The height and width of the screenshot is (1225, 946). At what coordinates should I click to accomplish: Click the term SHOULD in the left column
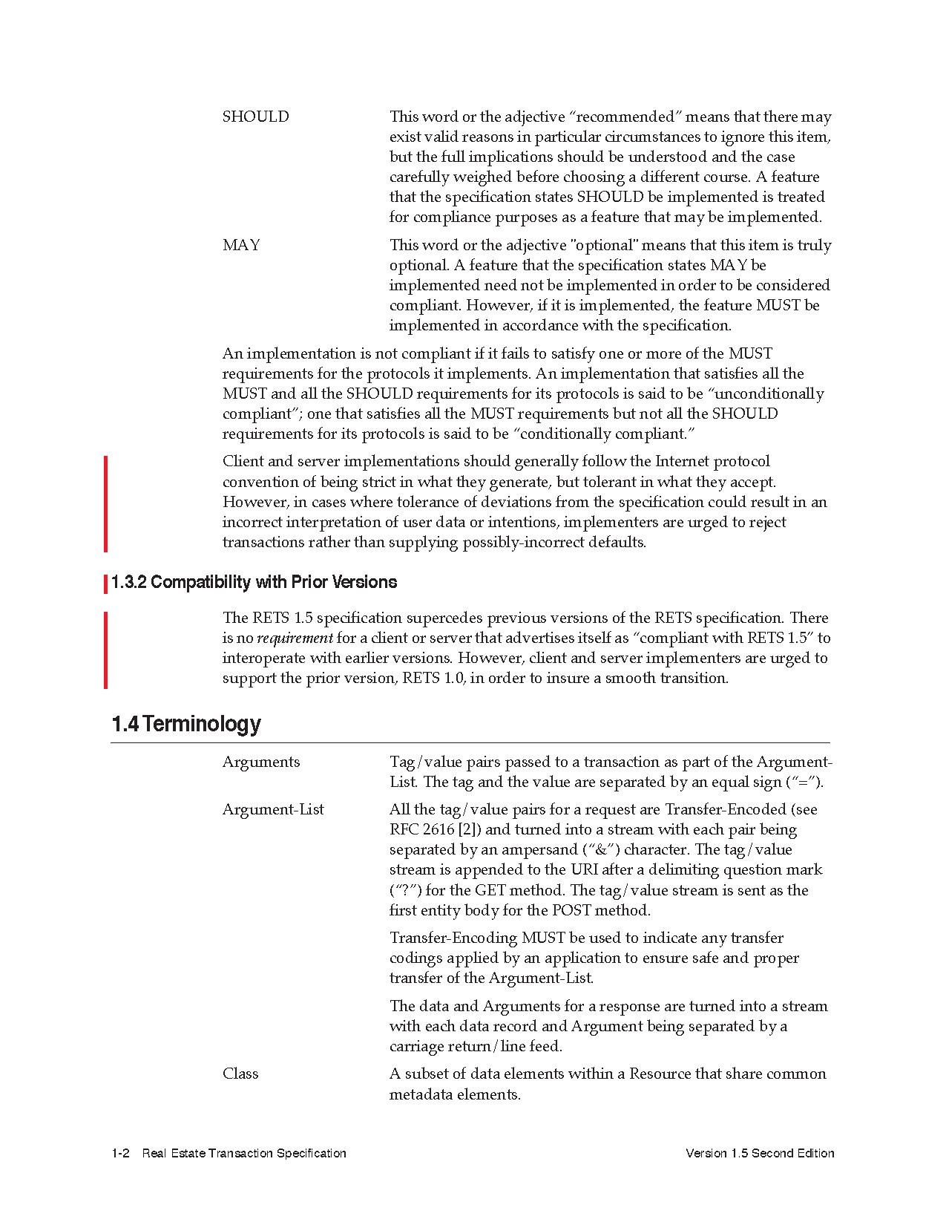(255, 117)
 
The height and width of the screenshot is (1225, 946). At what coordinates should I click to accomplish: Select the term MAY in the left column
(241, 245)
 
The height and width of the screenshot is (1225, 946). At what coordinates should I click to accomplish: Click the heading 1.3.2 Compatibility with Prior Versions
(254, 582)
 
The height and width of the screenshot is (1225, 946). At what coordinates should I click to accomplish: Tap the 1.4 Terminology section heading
(186, 724)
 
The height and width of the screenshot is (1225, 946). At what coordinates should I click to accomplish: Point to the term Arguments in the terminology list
(261, 762)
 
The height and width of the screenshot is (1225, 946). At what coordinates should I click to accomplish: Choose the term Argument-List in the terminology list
(273, 809)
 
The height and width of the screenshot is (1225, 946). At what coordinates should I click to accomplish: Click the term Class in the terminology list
(240, 1074)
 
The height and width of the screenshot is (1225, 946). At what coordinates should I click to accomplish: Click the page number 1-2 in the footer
(121, 1153)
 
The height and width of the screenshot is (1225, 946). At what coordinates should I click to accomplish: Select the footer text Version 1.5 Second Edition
(760, 1153)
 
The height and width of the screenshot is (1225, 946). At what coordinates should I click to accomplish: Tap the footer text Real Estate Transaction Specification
(244, 1153)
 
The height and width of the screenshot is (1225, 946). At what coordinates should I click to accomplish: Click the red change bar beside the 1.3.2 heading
(105, 583)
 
